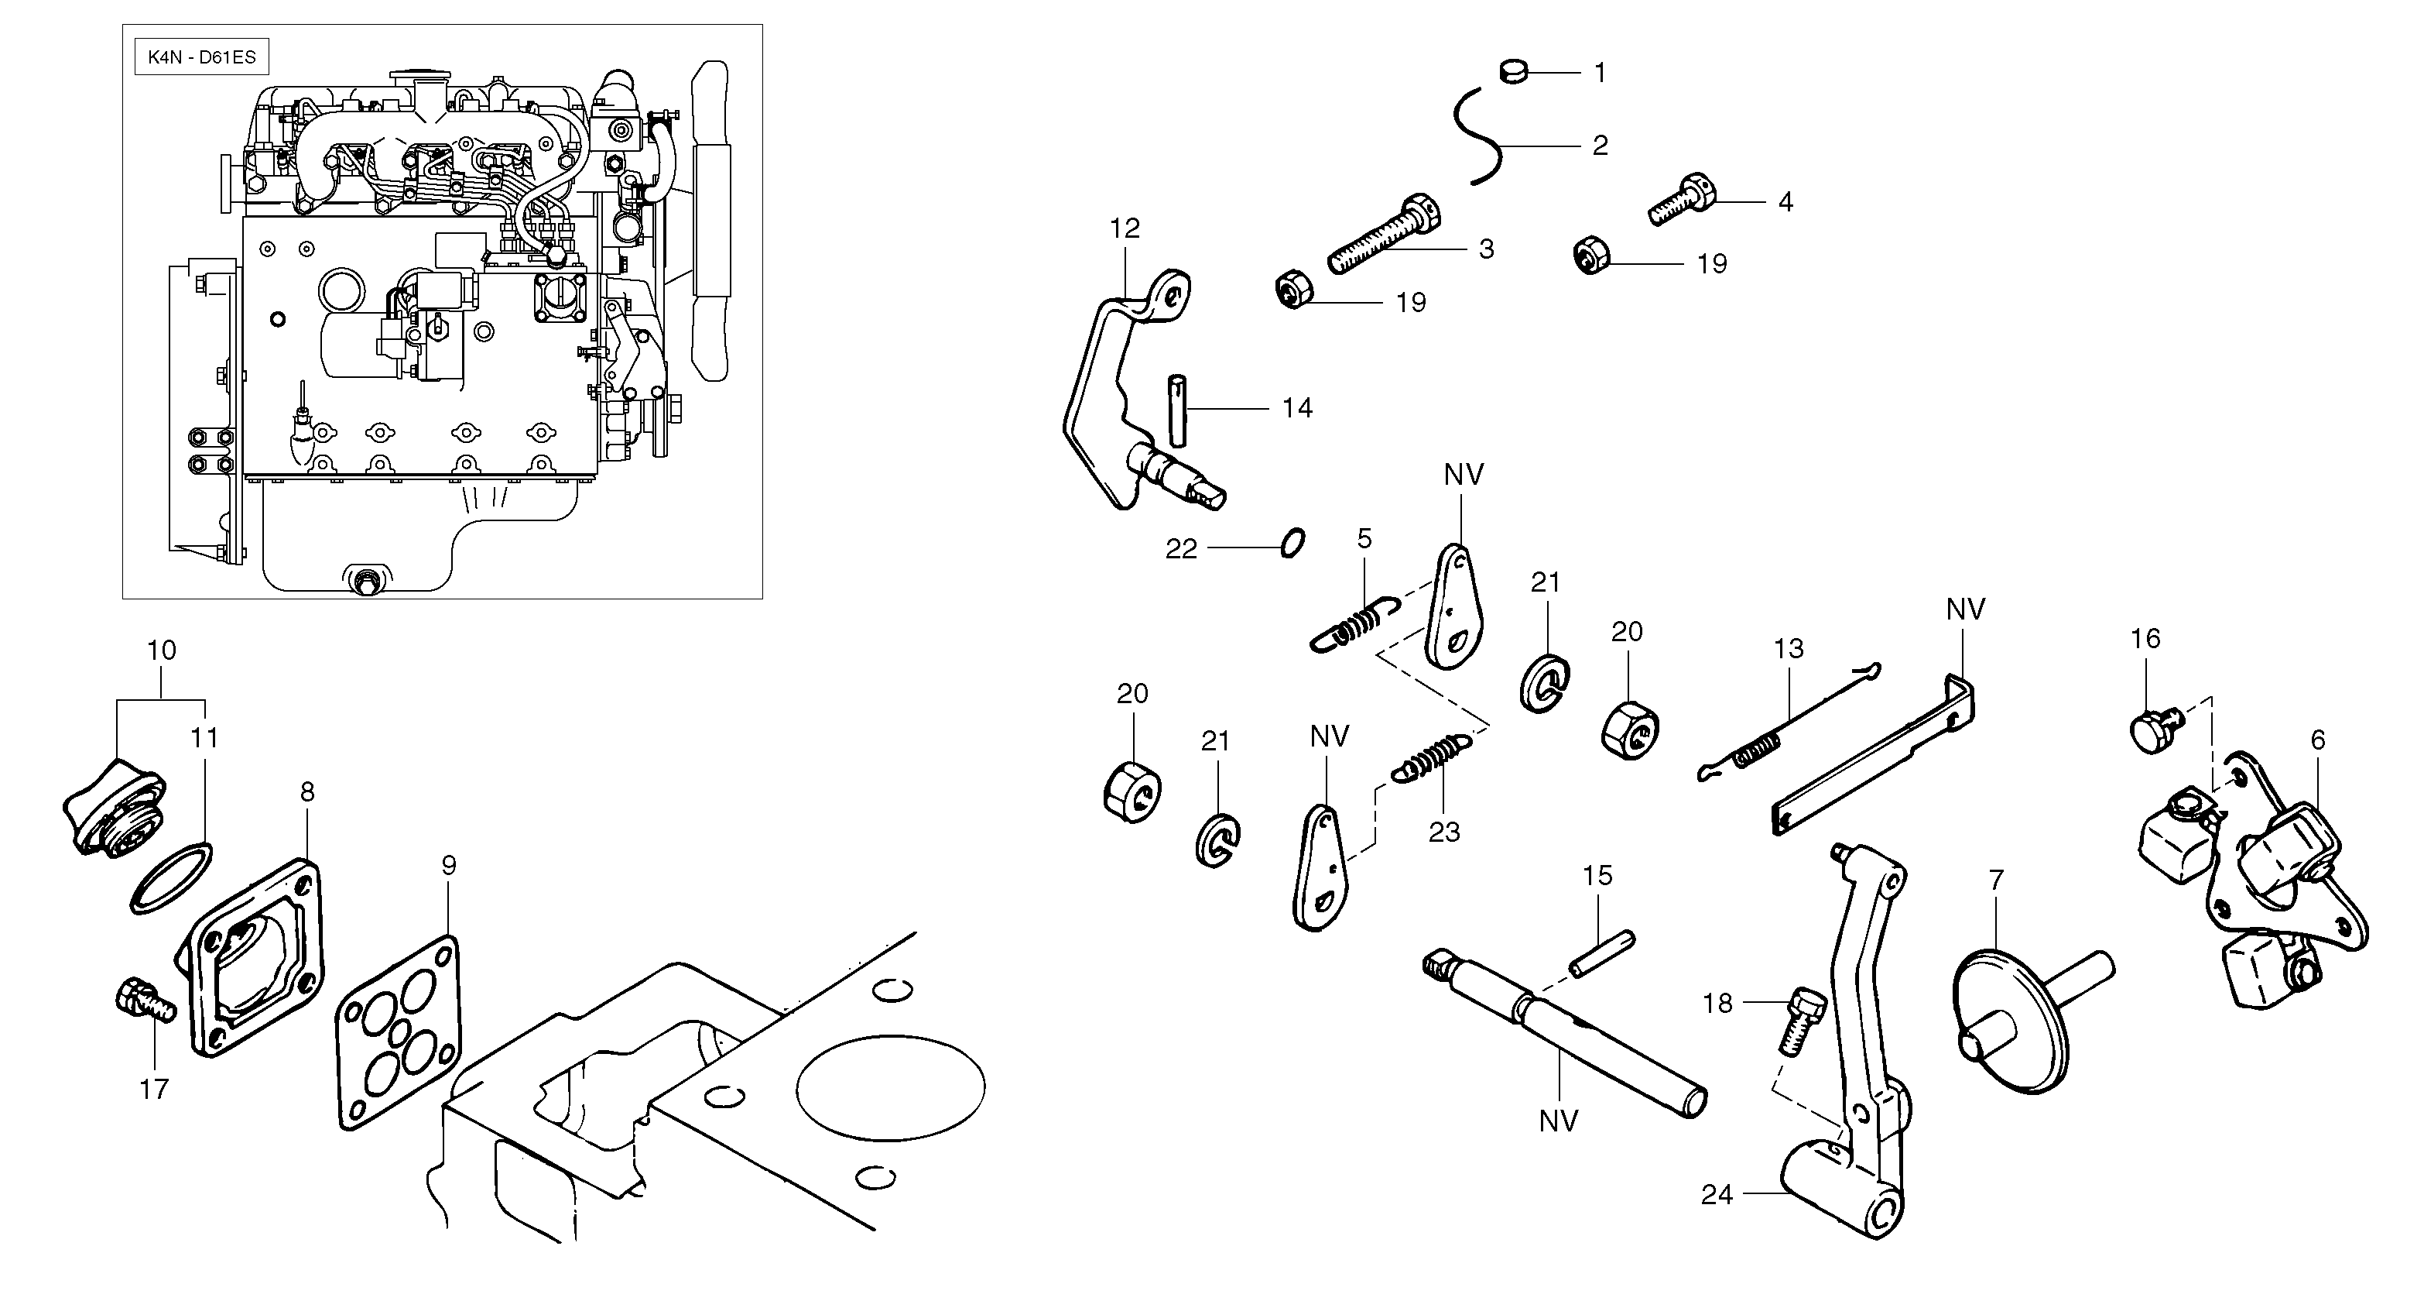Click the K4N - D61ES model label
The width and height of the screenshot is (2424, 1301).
point(201,57)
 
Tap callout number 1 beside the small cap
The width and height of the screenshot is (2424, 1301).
point(1600,73)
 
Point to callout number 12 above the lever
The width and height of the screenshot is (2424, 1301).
point(1125,228)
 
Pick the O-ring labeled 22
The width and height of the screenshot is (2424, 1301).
point(1293,544)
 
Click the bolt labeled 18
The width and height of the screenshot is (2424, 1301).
point(1799,1020)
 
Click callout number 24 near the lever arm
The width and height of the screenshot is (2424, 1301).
point(1717,1195)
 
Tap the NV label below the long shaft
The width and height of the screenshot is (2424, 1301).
point(1557,1121)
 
